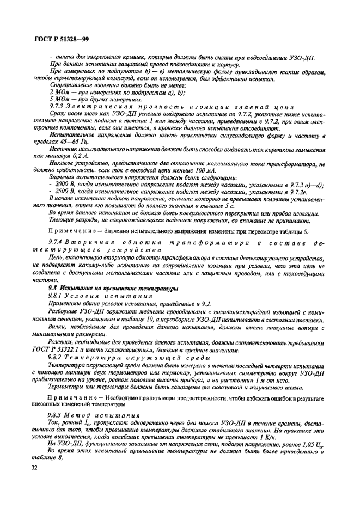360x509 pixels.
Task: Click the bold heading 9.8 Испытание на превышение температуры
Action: (112, 287)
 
